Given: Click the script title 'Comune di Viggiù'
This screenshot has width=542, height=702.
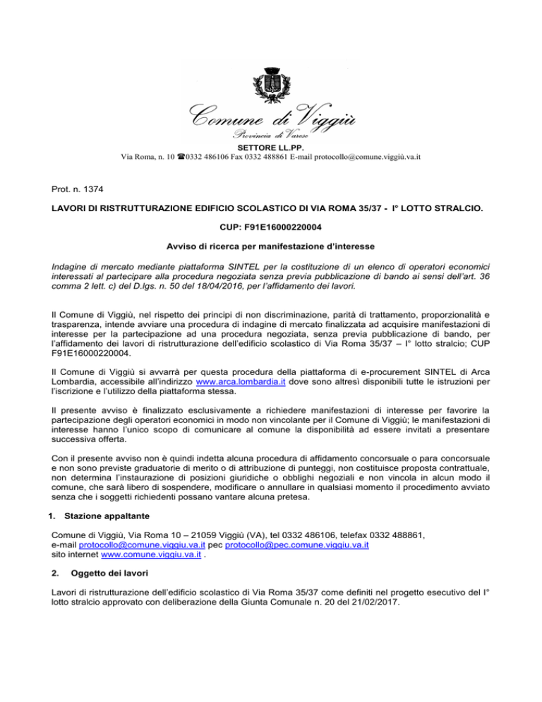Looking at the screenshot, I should pyautogui.click(x=271, y=114).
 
